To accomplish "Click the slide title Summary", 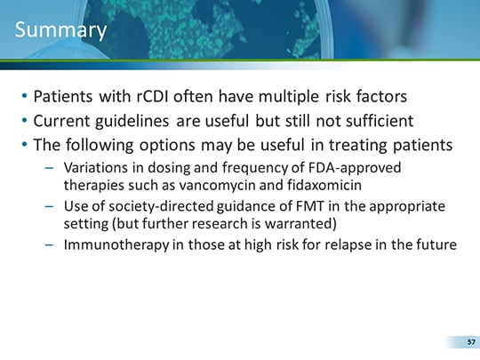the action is pos(60,30).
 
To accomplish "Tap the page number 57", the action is pos(471,342).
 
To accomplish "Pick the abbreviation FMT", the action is pos(310,206).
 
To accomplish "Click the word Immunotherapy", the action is pos(116,245).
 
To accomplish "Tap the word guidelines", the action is pos(132,121).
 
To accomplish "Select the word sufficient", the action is pos(380,121).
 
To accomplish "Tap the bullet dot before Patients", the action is pos(25,96).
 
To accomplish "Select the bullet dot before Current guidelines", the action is pos(25,120).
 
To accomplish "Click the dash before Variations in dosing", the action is pos(49,168).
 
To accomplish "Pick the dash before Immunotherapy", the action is pos(49,245).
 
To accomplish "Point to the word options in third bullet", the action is pos(167,146).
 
